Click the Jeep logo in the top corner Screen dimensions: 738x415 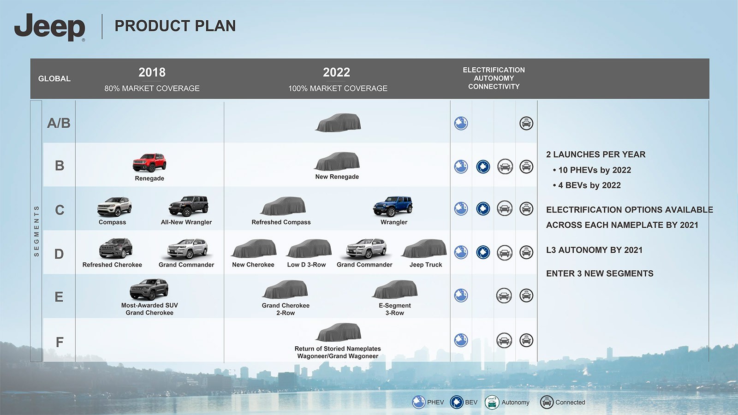tap(49, 27)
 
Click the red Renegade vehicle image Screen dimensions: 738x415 tap(149, 163)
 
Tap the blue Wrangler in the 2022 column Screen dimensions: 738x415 tap(393, 207)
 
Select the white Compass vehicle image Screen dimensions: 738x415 tap(114, 207)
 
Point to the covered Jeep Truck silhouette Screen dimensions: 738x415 tap(424, 249)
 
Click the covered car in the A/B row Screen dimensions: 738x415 tap(338, 123)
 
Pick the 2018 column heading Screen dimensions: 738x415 tap(152, 72)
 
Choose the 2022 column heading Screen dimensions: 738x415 tap(336, 72)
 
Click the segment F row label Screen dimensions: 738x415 tap(60, 342)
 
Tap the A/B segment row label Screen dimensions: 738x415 tap(59, 123)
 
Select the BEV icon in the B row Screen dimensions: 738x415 tap(483, 166)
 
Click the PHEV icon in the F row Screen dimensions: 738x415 tap(461, 340)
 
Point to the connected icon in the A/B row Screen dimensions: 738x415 tap(526, 123)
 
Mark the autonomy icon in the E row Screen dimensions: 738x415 tap(504, 296)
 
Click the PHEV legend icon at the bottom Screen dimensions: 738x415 tap(418, 402)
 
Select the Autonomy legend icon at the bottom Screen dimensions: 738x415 tap(492, 402)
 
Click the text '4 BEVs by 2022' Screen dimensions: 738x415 tap(589, 185)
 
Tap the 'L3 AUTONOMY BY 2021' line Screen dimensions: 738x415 tap(595, 250)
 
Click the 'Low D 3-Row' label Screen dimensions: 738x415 tap(306, 265)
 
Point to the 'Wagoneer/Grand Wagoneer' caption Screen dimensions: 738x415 tap(338, 356)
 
